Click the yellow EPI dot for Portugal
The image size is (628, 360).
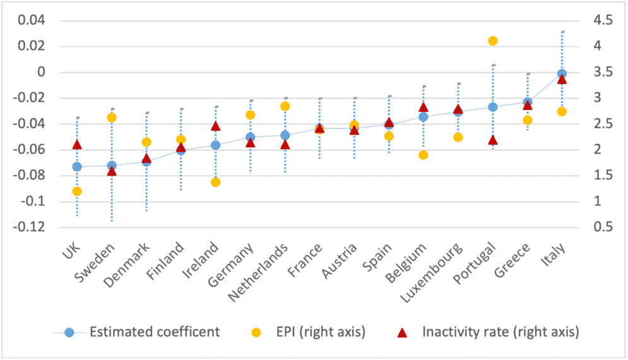point(493,41)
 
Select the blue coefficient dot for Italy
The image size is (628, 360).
point(562,74)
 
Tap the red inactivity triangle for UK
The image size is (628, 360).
point(77,145)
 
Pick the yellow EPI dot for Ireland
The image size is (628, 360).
point(215,183)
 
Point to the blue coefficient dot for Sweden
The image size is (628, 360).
point(112,165)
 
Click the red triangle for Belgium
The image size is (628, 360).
point(424,107)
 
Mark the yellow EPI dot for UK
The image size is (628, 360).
point(77,191)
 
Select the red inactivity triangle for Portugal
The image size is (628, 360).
point(493,140)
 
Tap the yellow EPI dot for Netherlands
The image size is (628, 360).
point(285,106)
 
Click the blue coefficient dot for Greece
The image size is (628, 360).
point(528,102)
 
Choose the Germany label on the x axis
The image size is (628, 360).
point(231,265)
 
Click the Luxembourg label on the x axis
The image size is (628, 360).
point(432,273)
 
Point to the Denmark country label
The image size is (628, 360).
point(127,265)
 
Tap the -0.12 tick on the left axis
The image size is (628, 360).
point(29,227)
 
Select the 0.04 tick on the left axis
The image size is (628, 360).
point(32,20)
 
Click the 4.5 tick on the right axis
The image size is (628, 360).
point(603,20)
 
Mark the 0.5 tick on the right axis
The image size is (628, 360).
point(603,227)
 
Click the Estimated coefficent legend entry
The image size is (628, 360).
point(136,332)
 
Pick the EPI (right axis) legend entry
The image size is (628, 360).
point(308,332)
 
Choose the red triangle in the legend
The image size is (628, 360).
point(402,333)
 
